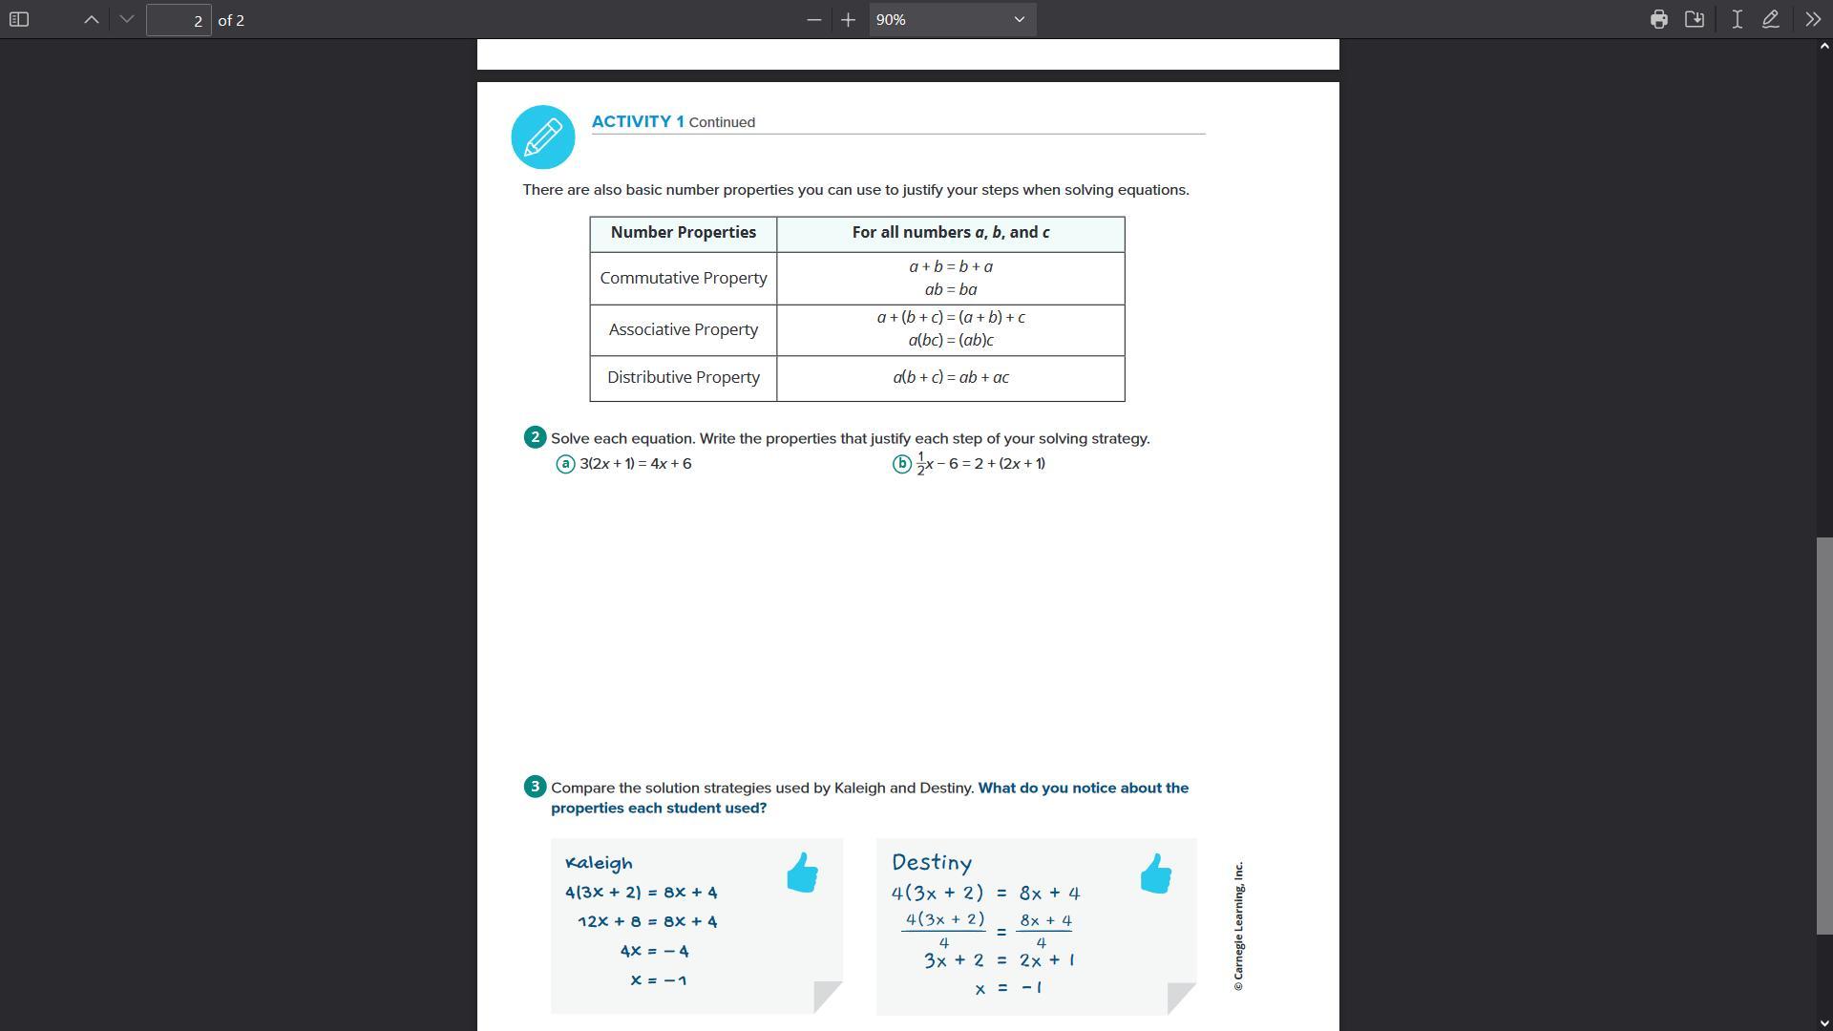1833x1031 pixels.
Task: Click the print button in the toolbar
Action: click(x=1658, y=19)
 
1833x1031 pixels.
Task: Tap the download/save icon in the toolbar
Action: click(x=1695, y=19)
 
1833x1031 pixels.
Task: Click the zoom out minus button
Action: click(x=813, y=19)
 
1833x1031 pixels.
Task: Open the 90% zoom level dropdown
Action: click(x=952, y=19)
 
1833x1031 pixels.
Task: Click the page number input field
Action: click(x=179, y=20)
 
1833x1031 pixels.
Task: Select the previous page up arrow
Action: click(x=92, y=19)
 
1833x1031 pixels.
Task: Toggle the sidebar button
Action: click(x=19, y=19)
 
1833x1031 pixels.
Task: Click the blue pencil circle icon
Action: click(x=543, y=137)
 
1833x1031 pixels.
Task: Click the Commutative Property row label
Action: click(x=684, y=279)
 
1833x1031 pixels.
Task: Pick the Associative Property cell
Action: click(x=684, y=330)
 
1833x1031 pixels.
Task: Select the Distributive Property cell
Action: click(x=684, y=378)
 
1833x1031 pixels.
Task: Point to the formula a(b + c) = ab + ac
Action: click(x=951, y=378)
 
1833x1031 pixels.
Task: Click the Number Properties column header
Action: click(x=684, y=233)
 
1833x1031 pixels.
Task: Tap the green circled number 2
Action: click(x=535, y=437)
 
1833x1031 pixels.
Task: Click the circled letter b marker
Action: click(x=902, y=464)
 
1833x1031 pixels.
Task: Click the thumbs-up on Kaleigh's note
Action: click(x=803, y=873)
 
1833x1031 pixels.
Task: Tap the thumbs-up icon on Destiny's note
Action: click(x=1156, y=873)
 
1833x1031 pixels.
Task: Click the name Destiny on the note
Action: click(x=932, y=863)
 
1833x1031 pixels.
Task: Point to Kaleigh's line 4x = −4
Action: click(x=654, y=951)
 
